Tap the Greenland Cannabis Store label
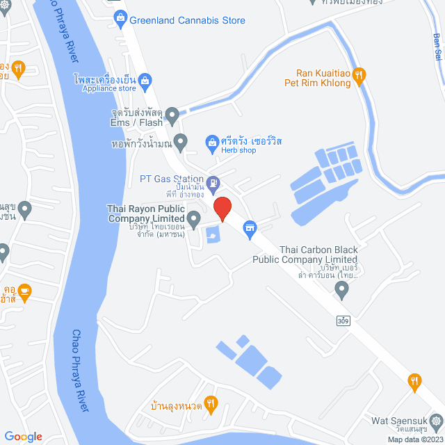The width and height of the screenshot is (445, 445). [187, 20]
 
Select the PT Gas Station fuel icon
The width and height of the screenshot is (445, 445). [213, 184]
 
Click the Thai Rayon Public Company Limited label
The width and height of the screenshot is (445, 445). [145, 213]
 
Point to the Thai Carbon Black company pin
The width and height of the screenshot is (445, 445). [341, 290]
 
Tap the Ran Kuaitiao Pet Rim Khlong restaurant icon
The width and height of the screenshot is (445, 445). [359, 76]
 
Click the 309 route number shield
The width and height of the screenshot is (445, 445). [343, 321]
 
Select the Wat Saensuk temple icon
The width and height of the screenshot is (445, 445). [436, 421]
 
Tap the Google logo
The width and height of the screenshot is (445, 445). [23, 437]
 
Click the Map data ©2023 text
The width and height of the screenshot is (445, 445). [415, 439]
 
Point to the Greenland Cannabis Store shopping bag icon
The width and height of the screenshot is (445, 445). [121, 20]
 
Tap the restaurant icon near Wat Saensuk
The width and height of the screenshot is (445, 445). [415, 380]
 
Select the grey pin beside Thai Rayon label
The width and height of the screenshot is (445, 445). [194, 218]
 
